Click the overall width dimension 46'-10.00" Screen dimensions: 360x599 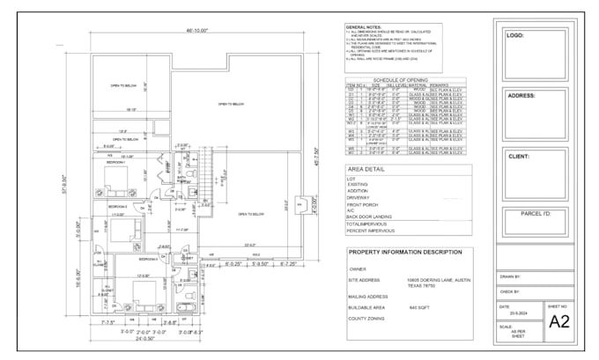pyautogui.click(x=196, y=30)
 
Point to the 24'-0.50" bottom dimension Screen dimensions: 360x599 pyautogui.click(x=145, y=338)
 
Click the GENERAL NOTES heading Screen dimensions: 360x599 pyautogui.click(x=363, y=27)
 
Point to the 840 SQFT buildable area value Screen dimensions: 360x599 pyautogui.click(x=418, y=307)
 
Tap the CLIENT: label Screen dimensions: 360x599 pyautogui.click(x=519, y=156)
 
